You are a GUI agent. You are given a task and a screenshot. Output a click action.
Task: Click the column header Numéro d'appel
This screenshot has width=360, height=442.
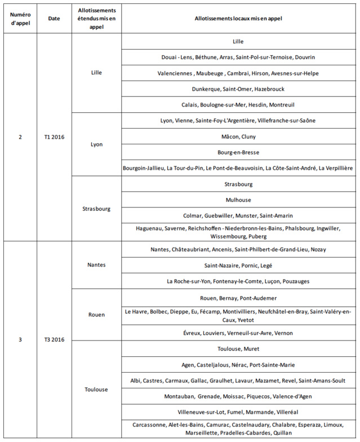20,19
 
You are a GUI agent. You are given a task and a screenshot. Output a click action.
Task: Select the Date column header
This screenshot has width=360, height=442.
54,19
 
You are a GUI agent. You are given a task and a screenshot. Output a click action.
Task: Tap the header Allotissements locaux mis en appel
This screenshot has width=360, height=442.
238,19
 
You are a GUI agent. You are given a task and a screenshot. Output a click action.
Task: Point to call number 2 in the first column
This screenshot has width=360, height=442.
20,136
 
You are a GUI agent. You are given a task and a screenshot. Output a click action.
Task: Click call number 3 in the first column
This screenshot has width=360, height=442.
20,339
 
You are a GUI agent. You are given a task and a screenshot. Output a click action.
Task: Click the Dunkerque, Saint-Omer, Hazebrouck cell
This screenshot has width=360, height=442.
238,89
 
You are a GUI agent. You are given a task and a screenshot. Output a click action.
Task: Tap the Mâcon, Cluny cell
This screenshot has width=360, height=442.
238,136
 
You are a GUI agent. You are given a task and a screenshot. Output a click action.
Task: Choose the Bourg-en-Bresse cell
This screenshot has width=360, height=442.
238,152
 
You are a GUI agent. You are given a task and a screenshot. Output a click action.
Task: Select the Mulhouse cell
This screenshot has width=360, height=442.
238,200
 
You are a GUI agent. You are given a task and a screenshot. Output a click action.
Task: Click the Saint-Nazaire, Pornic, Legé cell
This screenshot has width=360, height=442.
238,265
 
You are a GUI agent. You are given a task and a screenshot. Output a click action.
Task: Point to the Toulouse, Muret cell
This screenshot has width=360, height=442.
238,349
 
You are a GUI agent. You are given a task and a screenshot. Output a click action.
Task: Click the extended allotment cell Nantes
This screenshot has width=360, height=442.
96,265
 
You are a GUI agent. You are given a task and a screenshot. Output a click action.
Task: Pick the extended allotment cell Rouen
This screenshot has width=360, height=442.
96,315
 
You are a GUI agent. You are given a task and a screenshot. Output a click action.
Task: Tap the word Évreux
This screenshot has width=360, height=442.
193,333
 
